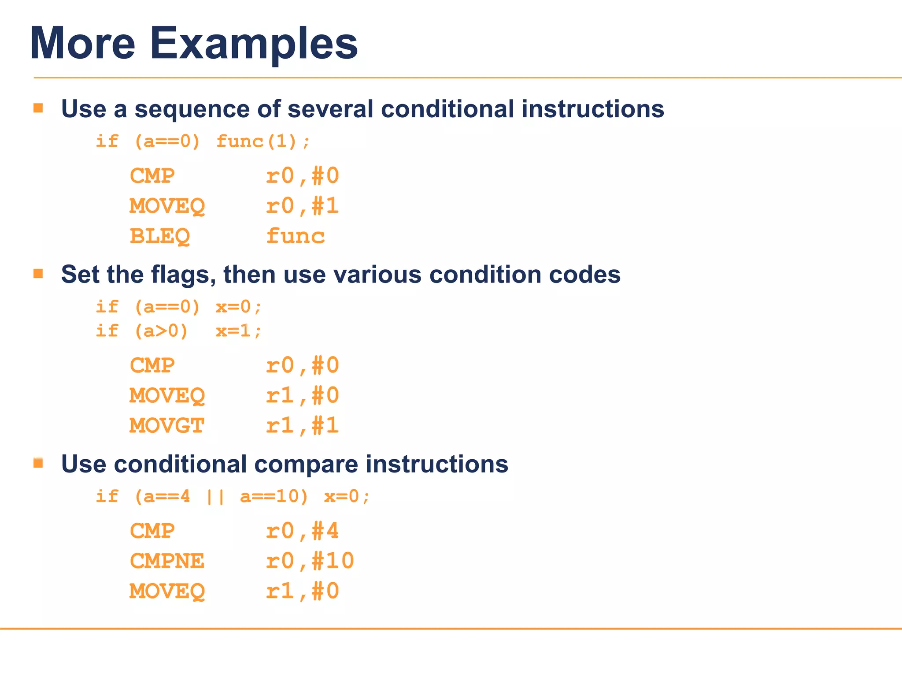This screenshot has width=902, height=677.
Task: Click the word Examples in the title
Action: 254,43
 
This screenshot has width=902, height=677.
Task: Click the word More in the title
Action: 82,43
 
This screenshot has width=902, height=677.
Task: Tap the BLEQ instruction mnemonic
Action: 159,236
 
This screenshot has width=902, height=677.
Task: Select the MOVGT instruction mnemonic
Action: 166,426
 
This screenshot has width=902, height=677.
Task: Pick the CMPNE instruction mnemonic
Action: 166,561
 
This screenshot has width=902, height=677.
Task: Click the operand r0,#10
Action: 310,561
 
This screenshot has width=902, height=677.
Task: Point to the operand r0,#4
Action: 302,531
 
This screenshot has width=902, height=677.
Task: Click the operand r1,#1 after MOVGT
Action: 302,426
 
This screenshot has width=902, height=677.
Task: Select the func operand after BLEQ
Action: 295,236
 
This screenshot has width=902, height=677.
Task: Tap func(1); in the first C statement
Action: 263,141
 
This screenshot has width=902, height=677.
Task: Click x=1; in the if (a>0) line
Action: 238,331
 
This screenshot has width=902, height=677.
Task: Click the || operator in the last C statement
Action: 215,497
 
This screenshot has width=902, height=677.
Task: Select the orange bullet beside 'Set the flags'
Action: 38,274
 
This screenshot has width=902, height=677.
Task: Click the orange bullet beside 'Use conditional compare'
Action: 38,463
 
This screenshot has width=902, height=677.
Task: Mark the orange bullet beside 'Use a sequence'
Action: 38,108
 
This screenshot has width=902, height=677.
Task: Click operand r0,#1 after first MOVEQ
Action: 302,206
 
